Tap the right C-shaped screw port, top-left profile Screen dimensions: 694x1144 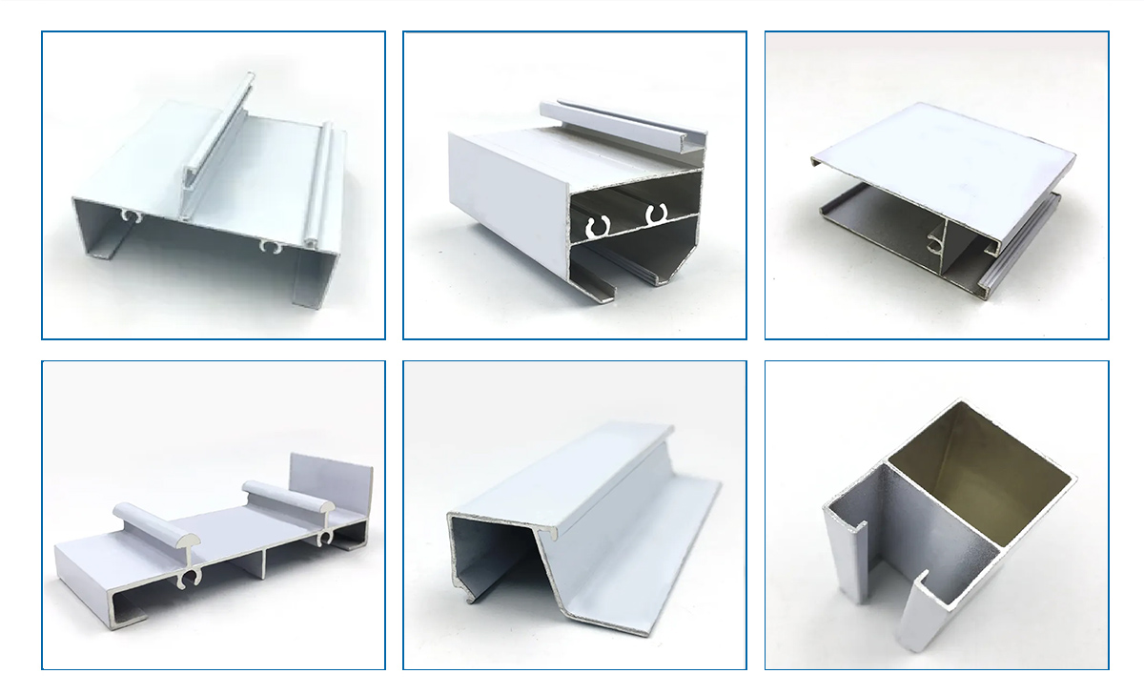[271, 247]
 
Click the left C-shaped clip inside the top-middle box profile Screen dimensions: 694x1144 [598, 227]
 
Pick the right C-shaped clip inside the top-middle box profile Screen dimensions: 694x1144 [654, 214]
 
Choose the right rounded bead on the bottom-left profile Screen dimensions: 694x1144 [286, 497]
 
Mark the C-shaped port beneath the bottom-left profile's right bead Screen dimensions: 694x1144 [325, 540]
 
